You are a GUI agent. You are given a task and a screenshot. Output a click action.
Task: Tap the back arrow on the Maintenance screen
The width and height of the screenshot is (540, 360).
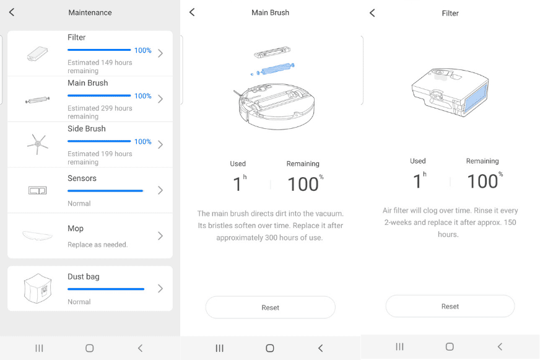click(12, 12)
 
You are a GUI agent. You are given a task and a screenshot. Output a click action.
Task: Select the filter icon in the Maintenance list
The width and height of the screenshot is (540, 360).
click(37, 54)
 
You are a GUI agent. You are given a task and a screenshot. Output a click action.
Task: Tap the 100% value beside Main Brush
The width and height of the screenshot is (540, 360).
click(143, 96)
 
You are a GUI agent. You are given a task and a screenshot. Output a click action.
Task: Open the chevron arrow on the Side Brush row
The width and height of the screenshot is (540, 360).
click(160, 144)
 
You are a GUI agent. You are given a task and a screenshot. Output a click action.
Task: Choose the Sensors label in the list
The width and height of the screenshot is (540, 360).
click(82, 178)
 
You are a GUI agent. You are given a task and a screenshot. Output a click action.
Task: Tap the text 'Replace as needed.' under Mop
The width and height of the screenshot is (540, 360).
click(97, 245)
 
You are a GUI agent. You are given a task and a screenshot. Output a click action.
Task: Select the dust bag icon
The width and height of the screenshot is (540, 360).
click(37, 289)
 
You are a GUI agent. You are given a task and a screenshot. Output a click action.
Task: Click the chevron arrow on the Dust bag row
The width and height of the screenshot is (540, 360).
click(160, 289)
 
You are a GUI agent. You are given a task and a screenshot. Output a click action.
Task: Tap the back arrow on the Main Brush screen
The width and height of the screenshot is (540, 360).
click(192, 12)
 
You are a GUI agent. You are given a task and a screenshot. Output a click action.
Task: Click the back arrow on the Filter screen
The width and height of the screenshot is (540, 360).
click(372, 13)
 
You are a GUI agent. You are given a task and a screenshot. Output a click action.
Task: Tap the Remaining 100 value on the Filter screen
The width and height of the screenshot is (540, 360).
click(483, 182)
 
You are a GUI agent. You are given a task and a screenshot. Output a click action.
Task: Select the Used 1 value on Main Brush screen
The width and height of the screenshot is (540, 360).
click(238, 184)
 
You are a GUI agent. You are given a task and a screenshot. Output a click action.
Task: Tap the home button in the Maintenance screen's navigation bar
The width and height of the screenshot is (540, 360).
click(90, 348)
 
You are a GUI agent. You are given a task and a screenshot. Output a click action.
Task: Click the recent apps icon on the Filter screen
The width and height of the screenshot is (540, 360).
click(399, 347)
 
